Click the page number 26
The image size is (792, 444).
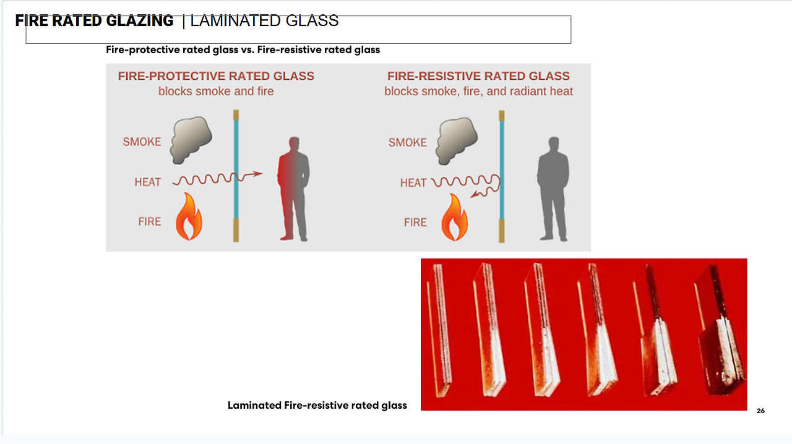click(x=760, y=411)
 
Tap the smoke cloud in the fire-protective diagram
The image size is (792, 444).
click(x=192, y=140)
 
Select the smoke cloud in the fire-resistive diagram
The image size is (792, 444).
click(x=457, y=140)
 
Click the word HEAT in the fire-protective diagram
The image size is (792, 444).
click(x=147, y=182)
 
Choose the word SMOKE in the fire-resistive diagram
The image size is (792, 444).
click(x=407, y=143)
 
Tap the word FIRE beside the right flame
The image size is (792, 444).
click(x=415, y=222)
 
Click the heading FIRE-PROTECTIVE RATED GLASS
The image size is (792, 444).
click(x=216, y=76)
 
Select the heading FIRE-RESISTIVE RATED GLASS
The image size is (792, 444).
click(x=478, y=76)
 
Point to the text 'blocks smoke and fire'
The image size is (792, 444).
click(x=216, y=92)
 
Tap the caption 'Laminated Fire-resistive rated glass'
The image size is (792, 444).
click(x=317, y=406)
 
